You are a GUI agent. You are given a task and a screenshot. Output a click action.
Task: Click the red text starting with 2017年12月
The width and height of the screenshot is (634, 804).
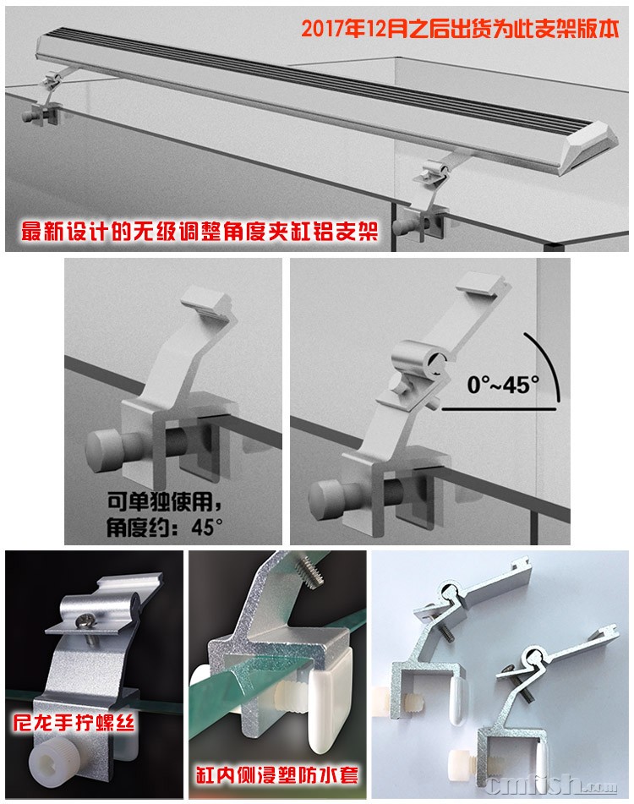pyautogui.click(x=460, y=30)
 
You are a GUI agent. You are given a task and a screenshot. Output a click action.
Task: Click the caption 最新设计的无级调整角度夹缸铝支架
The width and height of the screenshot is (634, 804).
pyautogui.click(x=199, y=232)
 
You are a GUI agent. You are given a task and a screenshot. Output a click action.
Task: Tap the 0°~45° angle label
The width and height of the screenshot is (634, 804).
pyautogui.click(x=503, y=385)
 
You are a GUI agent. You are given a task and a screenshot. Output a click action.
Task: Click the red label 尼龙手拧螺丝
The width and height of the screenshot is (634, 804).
pyautogui.click(x=74, y=723)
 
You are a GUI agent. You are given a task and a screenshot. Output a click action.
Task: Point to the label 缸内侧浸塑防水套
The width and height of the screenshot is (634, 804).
pyautogui.click(x=276, y=774)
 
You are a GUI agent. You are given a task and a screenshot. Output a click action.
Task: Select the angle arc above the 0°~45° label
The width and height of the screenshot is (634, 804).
pyautogui.click(x=546, y=362)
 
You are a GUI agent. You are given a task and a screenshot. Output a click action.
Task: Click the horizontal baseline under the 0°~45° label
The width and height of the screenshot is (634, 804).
pyautogui.click(x=499, y=409)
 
